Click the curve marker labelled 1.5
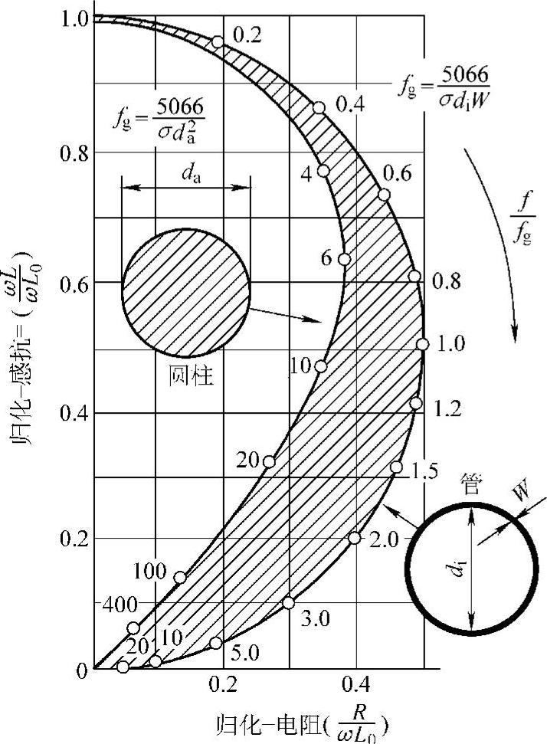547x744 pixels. [396, 467]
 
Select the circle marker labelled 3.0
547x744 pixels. [289, 602]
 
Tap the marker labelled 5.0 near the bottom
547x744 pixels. [216, 643]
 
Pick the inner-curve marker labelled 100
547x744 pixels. [180, 578]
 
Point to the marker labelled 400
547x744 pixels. [134, 628]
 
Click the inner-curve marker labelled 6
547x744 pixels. [345, 259]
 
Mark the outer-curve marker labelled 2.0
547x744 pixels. [355, 538]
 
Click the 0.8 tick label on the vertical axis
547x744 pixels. [74, 153]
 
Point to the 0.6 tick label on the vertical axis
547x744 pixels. [74, 284]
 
